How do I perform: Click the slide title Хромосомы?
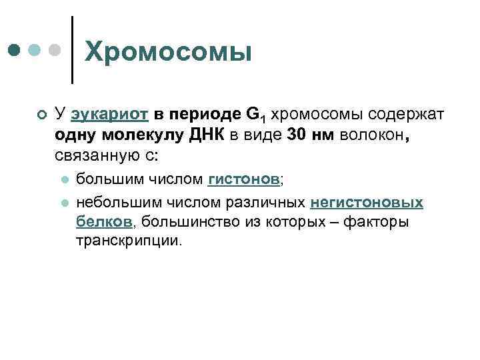(169, 52)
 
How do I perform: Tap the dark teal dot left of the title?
(15, 51)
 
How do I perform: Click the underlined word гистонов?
(244, 179)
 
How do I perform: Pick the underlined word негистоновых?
(367, 201)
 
